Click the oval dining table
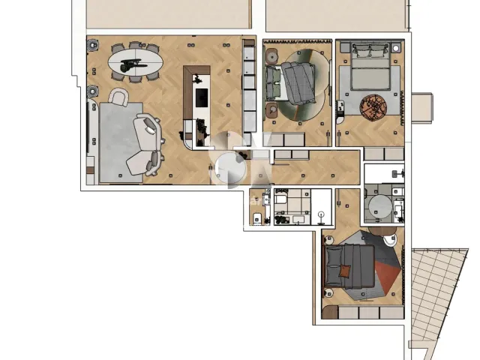click(135, 60)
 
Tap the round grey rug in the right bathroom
click(380, 206)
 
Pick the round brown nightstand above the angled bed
click(272, 55)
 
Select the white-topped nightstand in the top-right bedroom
click(395, 48)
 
